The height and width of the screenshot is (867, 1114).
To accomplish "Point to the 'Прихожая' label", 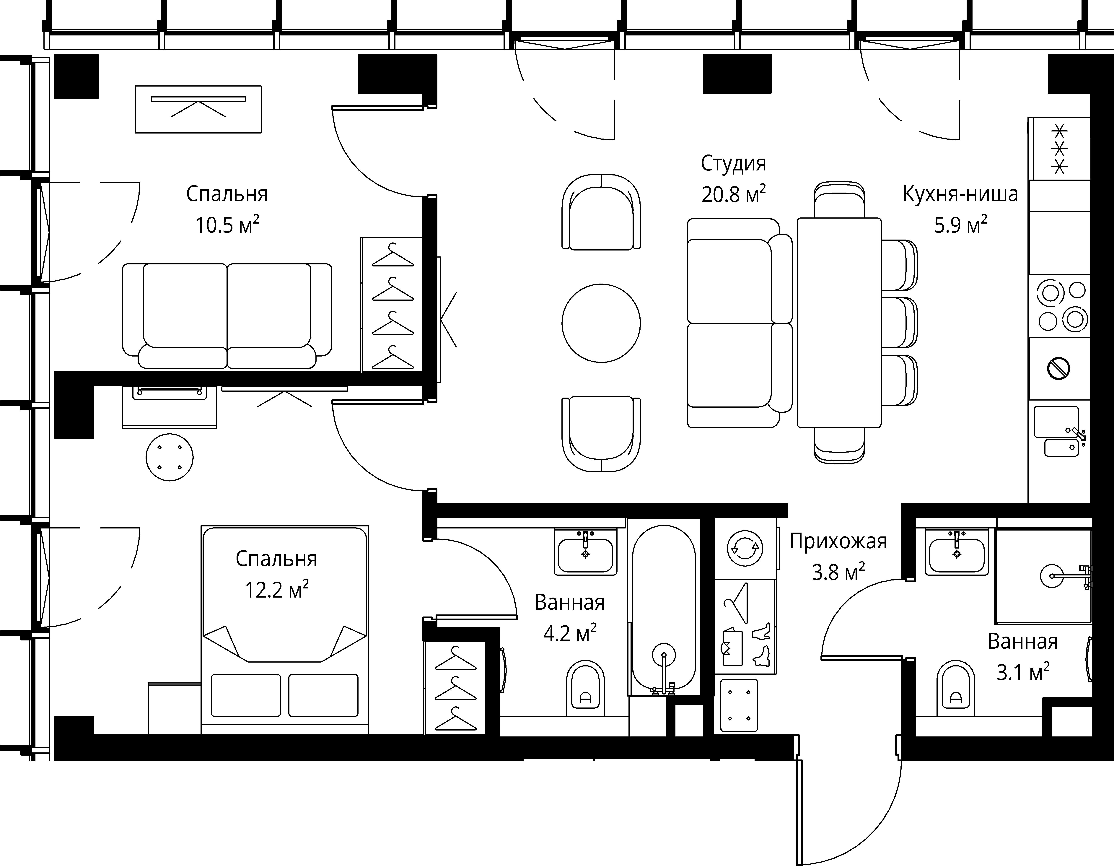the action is [x=838, y=541].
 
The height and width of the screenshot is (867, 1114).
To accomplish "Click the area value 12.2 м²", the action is [x=277, y=590].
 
